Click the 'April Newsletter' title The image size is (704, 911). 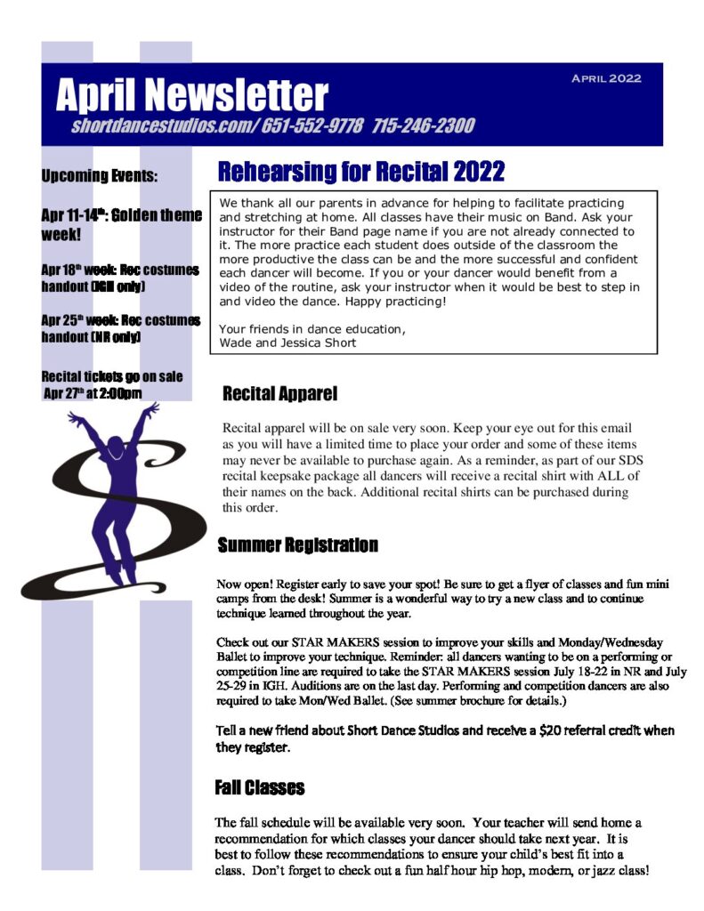pos(191,95)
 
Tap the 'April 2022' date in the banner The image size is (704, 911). pos(605,78)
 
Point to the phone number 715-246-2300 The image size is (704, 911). pos(424,126)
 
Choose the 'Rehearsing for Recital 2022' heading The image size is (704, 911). pos(361,171)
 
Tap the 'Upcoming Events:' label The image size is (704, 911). pos(99,176)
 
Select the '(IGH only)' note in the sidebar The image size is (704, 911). pos(111,287)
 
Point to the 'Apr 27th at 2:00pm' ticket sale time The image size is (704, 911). pos(93,392)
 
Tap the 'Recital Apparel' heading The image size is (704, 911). pos(279,393)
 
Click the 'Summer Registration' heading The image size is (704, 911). pos(297,544)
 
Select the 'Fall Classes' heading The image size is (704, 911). pos(260,787)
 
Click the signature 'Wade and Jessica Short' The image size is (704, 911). pos(287,343)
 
